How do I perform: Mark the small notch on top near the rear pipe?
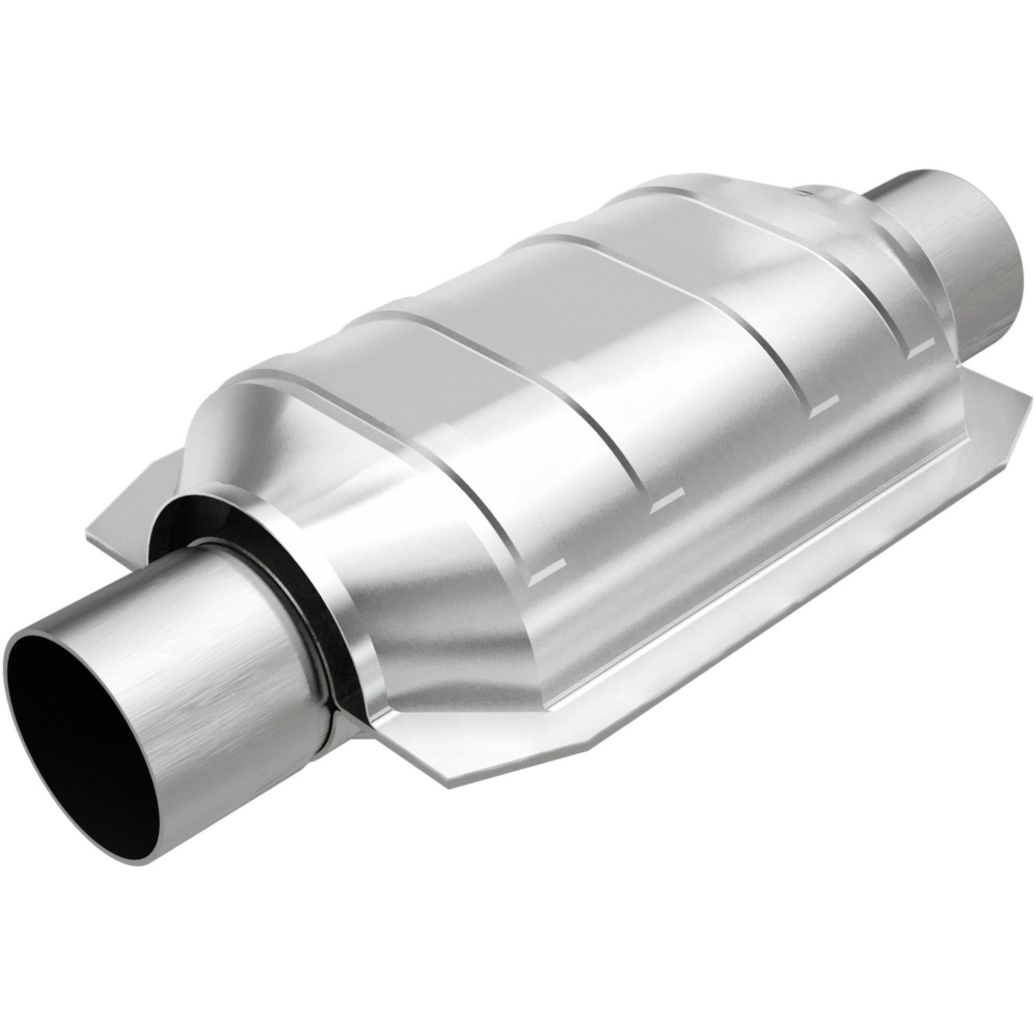(x=804, y=191)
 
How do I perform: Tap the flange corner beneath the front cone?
(x=442, y=774)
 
